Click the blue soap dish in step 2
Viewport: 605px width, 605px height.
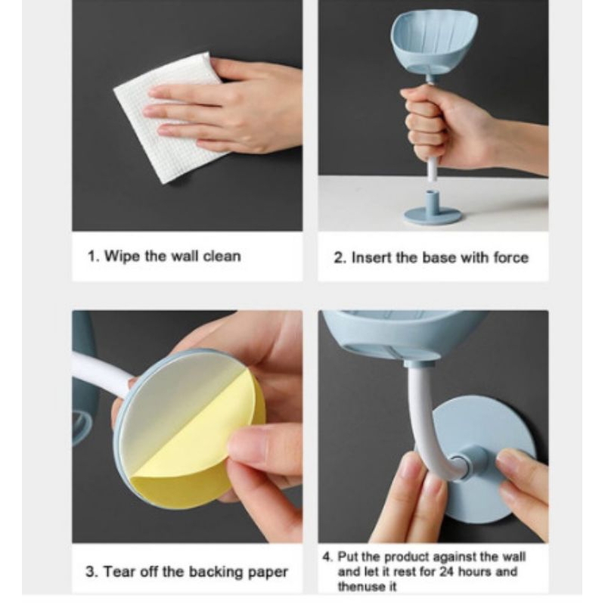434,45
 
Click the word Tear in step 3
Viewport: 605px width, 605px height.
118,572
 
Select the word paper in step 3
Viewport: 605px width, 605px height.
268,572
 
